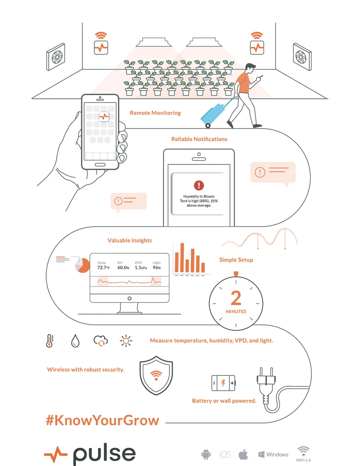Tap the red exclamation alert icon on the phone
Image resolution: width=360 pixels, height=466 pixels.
click(199, 186)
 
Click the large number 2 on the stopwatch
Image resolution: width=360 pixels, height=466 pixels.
click(236, 298)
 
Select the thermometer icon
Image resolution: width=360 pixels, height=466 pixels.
click(50, 340)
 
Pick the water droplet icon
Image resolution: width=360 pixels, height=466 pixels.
click(75, 341)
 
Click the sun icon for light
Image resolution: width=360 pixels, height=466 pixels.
click(126, 340)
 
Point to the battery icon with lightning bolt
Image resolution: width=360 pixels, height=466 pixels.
click(223, 383)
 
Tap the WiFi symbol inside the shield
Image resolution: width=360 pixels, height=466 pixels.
click(156, 375)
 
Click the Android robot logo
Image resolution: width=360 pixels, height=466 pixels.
click(206, 454)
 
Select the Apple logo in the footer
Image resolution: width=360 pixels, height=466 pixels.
click(243, 454)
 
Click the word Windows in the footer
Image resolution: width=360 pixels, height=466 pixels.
click(277, 454)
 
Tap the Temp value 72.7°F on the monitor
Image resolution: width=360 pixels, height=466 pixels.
click(103, 268)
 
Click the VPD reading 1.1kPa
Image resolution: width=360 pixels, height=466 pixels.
click(141, 268)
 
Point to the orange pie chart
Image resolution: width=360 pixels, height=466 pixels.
click(83, 265)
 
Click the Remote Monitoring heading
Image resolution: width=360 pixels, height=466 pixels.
click(155, 113)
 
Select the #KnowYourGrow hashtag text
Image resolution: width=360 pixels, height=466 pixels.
click(103, 420)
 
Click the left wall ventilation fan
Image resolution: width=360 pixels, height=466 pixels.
click(56, 57)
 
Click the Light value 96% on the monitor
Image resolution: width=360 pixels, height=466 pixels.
click(157, 268)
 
